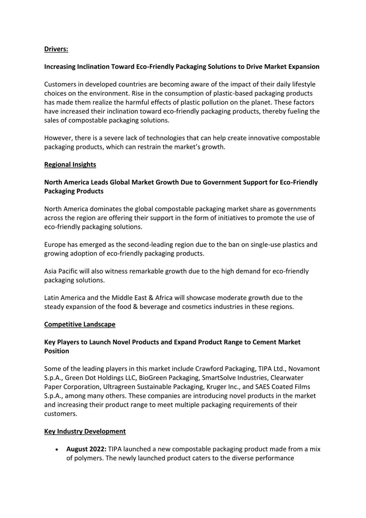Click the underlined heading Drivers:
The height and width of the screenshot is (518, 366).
coord(56,49)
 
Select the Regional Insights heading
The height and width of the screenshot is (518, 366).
coord(70,165)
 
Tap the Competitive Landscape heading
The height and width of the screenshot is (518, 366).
coord(80,324)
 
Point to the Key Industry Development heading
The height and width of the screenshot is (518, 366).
coord(85,431)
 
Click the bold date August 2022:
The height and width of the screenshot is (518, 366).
coord(86,449)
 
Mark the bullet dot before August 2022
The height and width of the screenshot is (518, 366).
coord(57,450)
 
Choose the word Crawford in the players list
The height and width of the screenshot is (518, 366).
coord(208,369)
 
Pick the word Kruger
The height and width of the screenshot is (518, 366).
coord(216,387)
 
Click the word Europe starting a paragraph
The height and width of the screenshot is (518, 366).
coord(55,245)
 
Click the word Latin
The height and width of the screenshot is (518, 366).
coord(52,298)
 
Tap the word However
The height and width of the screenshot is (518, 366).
coord(58,138)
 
